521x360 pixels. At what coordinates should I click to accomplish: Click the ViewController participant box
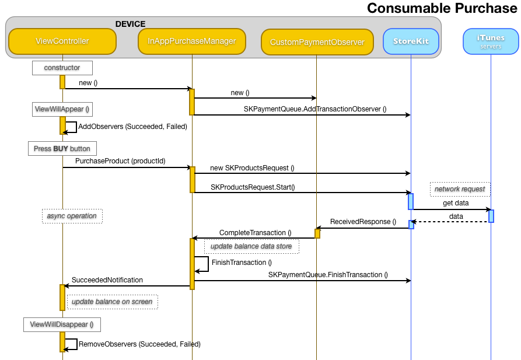(62, 41)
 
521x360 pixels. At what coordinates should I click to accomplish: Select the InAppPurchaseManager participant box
(192, 41)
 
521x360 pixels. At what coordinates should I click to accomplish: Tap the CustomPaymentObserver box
(317, 42)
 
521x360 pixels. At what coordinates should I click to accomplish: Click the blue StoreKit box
(411, 41)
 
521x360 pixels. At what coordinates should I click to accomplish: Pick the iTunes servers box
(491, 41)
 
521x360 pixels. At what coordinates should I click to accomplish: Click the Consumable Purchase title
(442, 8)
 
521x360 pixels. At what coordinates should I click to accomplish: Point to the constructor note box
(62, 68)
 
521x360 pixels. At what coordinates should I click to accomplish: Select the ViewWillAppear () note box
(62, 109)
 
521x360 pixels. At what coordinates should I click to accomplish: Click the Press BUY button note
(62, 148)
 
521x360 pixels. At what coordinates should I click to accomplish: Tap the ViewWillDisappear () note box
(62, 324)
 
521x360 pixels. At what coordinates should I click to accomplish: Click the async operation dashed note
(72, 216)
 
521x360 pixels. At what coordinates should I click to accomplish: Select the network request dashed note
(460, 189)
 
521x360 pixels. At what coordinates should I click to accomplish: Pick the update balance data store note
(251, 246)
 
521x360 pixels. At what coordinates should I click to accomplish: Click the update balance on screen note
(112, 302)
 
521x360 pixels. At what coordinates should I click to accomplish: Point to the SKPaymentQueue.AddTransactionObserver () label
(315, 109)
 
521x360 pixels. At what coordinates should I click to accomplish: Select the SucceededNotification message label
(107, 280)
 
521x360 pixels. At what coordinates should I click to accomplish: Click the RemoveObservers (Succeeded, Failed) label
(139, 344)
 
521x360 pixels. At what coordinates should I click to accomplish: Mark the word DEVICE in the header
(130, 24)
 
